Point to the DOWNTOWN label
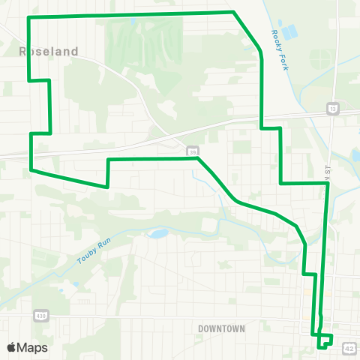click(x=222, y=328)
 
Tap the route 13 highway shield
click(x=332, y=109)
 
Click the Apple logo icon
click(x=11, y=347)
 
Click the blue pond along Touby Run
click(x=158, y=233)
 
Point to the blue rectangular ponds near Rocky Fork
click(x=289, y=32)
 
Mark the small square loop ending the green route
click(x=325, y=340)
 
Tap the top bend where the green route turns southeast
click(x=234, y=12)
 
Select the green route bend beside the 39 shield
click(x=196, y=158)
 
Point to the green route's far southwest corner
click(x=31, y=169)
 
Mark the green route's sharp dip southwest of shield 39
click(x=108, y=186)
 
